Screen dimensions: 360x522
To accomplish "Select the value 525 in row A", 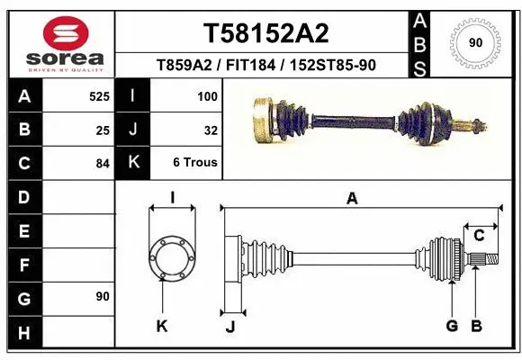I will [x=98, y=95].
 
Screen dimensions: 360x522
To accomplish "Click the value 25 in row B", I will [x=102, y=130].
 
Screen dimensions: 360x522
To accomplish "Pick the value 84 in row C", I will [x=102, y=164].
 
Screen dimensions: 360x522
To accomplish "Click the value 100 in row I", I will [x=207, y=95].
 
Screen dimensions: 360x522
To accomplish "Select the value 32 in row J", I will [x=211, y=130].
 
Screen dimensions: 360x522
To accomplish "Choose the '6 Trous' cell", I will [x=195, y=164].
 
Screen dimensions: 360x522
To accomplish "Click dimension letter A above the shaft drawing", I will [x=352, y=199].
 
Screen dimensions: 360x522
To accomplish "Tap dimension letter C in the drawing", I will [x=479, y=236].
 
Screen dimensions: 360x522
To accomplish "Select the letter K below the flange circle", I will [x=162, y=327].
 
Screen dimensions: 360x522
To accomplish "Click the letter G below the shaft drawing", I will [x=452, y=326].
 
